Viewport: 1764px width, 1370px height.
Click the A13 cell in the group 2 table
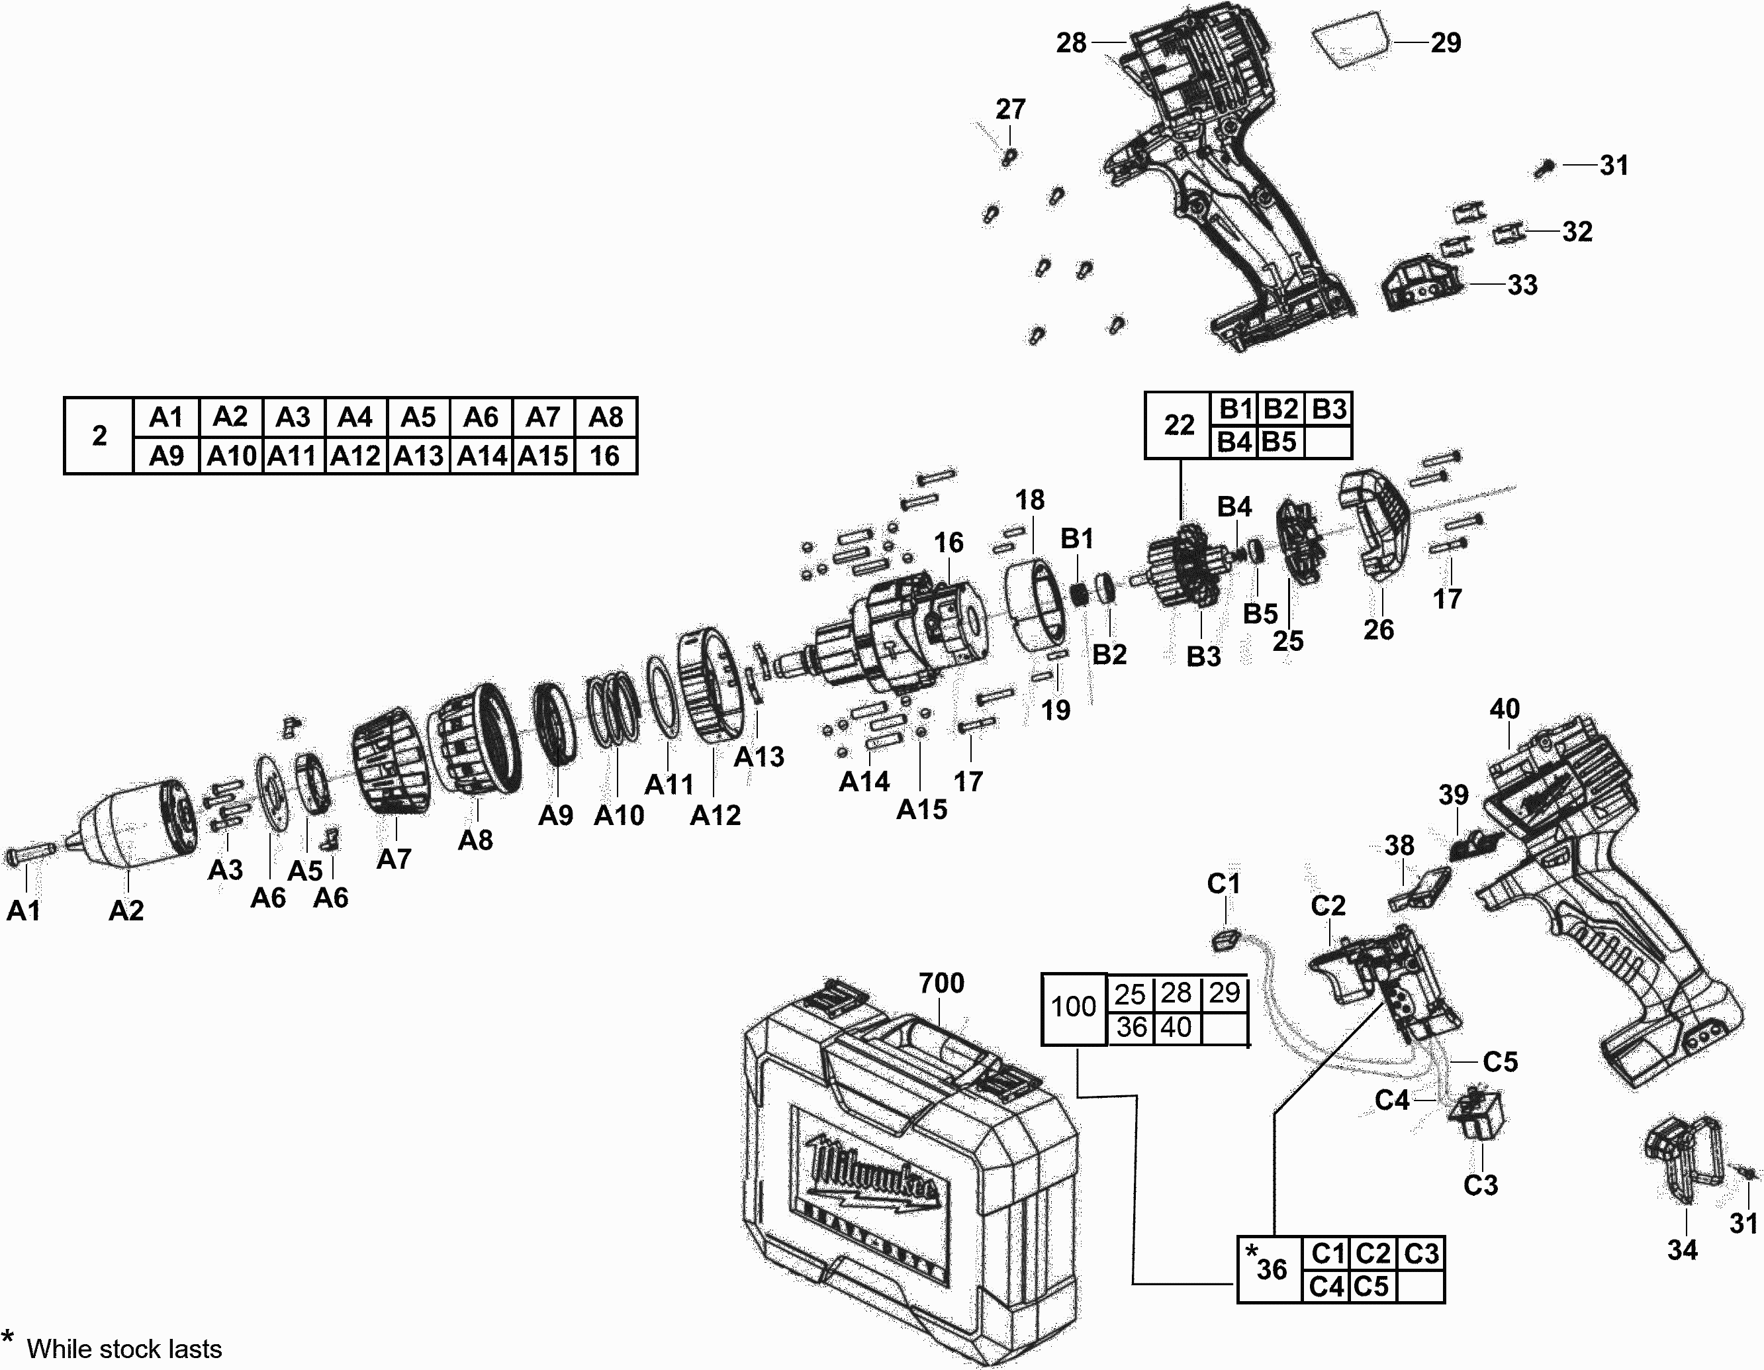[x=418, y=456]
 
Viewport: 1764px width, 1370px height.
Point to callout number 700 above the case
[x=941, y=983]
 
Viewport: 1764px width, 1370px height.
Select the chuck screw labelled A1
[x=29, y=853]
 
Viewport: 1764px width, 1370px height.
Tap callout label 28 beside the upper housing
[x=1072, y=43]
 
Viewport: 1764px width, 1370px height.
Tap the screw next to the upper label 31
[x=1544, y=168]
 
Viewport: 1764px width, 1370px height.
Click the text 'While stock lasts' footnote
[x=124, y=1349]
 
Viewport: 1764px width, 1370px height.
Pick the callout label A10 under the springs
[x=619, y=816]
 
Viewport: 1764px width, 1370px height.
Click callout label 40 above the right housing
[x=1504, y=709]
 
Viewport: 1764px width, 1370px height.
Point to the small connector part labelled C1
[x=1225, y=940]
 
